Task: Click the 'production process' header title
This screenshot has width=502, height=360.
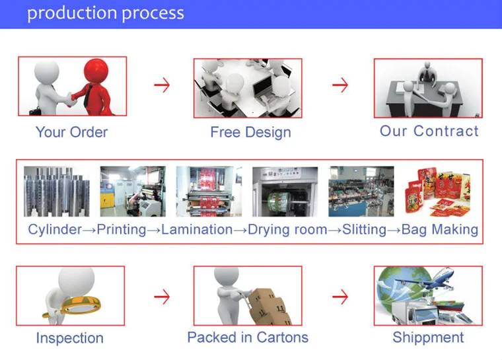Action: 106,13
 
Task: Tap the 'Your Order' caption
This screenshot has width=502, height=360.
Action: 71,132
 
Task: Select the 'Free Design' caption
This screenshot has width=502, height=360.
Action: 250,132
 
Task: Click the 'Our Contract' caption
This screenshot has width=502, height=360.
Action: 429,131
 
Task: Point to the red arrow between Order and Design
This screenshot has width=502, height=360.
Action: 162,85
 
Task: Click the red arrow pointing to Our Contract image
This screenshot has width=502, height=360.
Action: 340,85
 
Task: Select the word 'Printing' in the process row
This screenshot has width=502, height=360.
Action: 122,230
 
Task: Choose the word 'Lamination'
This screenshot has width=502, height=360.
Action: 197,230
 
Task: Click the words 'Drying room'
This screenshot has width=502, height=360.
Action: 287,230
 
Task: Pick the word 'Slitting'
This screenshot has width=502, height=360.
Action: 365,230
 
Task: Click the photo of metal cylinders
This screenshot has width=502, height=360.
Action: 57,192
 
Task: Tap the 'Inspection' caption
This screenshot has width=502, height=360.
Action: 69,338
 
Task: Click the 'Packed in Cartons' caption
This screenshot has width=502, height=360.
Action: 248,338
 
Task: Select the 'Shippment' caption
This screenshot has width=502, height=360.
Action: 428,338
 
